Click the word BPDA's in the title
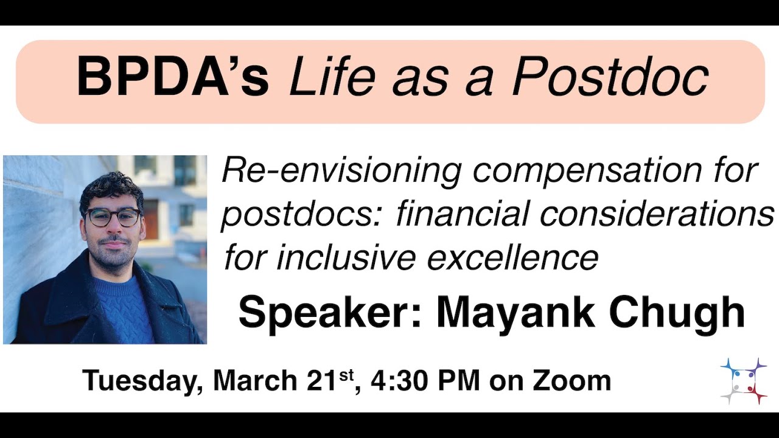click(x=172, y=78)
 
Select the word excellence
click(x=512, y=257)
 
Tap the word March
click(x=255, y=380)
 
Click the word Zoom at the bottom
click(x=572, y=381)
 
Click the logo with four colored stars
click(x=742, y=381)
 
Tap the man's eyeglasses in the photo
click(x=113, y=217)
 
